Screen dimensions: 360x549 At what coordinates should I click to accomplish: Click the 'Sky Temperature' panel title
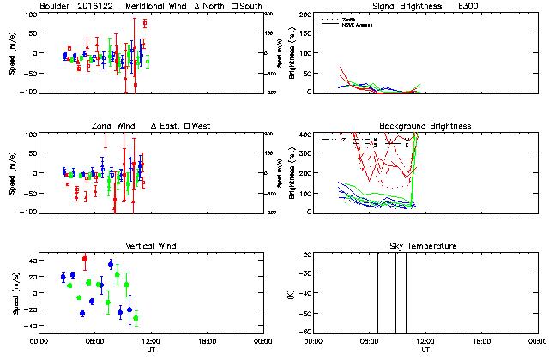pyautogui.click(x=419, y=246)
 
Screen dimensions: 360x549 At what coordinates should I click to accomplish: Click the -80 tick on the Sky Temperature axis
pyautogui.click(x=303, y=332)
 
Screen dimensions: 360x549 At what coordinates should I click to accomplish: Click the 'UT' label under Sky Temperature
pyautogui.click(x=425, y=351)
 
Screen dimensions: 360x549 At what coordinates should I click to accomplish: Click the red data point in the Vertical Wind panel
pyautogui.click(x=85, y=258)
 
